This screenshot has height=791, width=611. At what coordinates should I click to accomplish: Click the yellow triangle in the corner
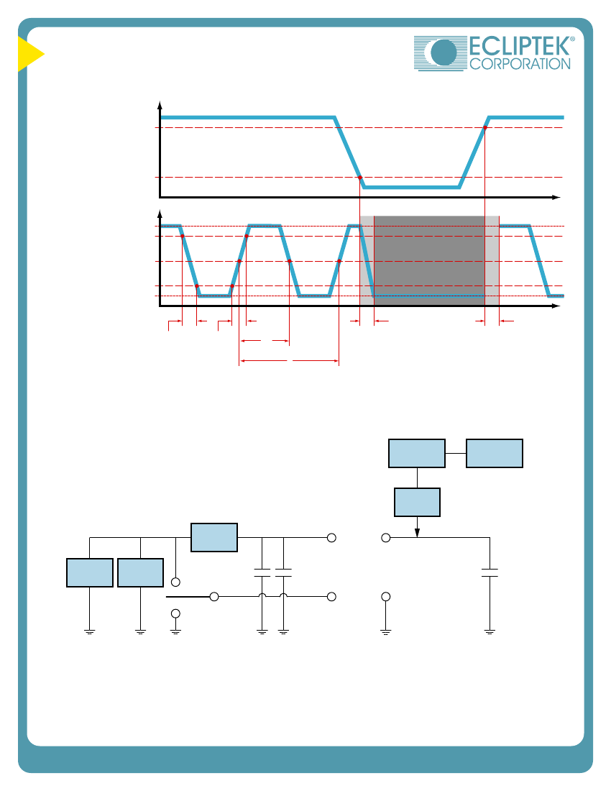coord(29,55)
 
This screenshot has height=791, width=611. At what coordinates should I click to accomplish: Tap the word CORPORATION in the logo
coord(520,64)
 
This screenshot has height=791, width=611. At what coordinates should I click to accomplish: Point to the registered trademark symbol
coord(571,40)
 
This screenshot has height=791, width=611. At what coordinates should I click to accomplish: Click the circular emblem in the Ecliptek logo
coord(443,53)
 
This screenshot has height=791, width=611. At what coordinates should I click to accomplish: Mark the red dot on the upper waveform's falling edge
coord(359,177)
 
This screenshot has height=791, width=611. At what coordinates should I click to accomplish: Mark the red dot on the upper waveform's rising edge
coord(485,128)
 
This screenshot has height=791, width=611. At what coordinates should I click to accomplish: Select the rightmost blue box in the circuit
coord(494,453)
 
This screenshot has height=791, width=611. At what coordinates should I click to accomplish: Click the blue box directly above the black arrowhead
coord(417,502)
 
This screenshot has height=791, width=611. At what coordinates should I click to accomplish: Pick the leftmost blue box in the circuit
coord(90,572)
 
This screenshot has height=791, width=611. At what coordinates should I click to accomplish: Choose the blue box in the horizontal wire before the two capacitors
coord(214,538)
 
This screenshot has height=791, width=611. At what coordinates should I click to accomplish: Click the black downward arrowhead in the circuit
coord(418,532)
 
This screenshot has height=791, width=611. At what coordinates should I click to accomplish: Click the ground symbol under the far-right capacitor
coord(490,631)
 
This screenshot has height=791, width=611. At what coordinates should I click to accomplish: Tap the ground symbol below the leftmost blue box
coord(90,631)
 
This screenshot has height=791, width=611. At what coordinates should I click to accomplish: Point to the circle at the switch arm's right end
coord(214,597)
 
